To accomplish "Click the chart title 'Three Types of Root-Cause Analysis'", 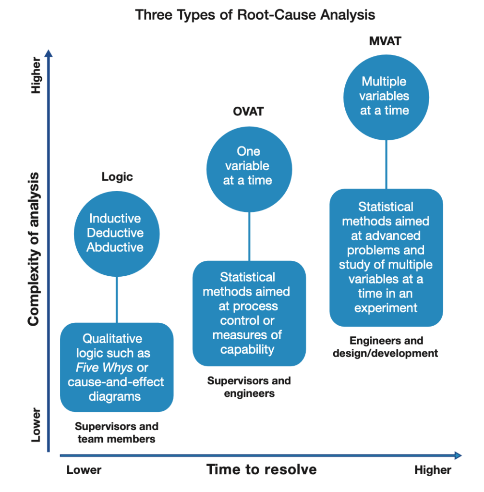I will pyautogui.click(x=255, y=14).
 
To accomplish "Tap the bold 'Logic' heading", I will pyautogui.click(x=117, y=177).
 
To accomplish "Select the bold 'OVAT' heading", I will pyautogui.click(x=248, y=111).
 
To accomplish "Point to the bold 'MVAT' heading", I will pyautogui.click(x=385, y=41).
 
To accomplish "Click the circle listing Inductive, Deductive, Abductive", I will pyautogui.click(x=116, y=233).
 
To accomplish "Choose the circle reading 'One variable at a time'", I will pyautogui.click(x=249, y=166).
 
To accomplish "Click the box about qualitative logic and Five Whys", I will pyautogui.click(x=116, y=367).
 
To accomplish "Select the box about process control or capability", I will pyautogui.click(x=249, y=313).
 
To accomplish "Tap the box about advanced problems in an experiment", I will pyautogui.click(x=386, y=258).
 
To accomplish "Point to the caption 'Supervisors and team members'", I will pyautogui.click(x=116, y=432).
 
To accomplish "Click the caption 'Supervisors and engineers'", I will pyautogui.click(x=249, y=387).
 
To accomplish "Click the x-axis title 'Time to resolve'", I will pyautogui.click(x=262, y=469).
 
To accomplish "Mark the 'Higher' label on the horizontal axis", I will pyautogui.click(x=433, y=470).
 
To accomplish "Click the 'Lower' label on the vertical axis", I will pyautogui.click(x=36, y=425).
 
